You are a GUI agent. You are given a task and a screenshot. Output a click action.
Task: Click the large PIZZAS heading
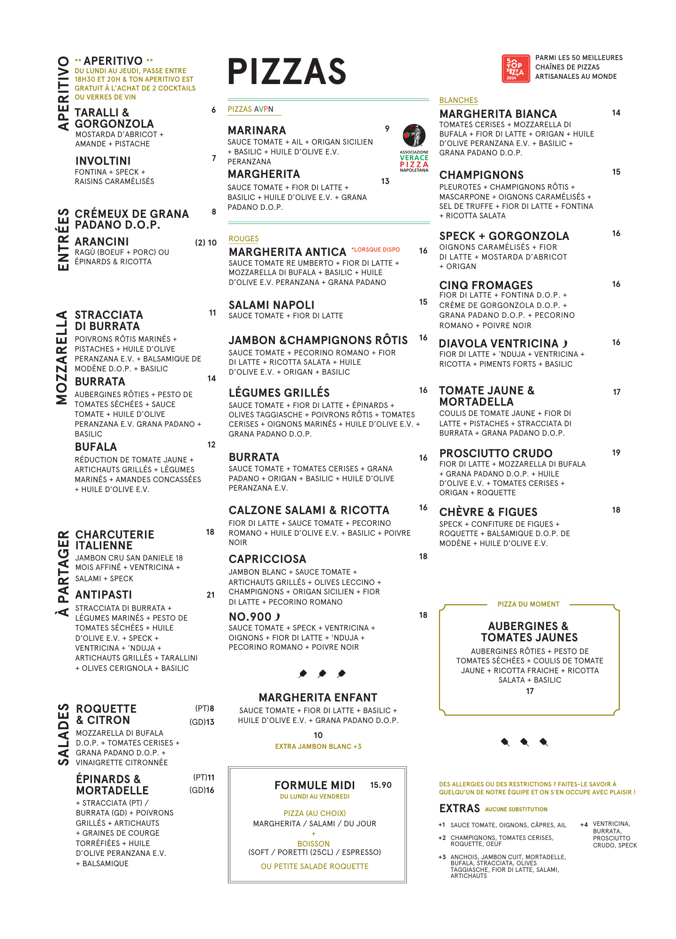pyautogui.click(x=287, y=71)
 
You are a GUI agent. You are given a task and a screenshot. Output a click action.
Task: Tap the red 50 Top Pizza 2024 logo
pyautogui.click(x=516, y=69)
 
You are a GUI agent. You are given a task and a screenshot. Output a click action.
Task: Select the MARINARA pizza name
pyautogui.click(x=257, y=130)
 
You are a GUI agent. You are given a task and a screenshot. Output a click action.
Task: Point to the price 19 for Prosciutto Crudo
pyautogui.click(x=616, y=453)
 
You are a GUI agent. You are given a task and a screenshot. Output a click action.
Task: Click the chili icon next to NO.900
pyautogui.click(x=277, y=616)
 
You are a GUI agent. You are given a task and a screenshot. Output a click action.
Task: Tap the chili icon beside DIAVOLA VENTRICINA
pyautogui.click(x=565, y=344)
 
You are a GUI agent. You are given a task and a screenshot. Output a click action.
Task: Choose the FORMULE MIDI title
pyautogui.click(x=314, y=785)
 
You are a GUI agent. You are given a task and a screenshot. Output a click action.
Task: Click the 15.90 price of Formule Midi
pyautogui.click(x=380, y=785)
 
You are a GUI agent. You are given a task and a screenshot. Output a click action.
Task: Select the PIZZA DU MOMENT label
pyautogui.click(x=528, y=604)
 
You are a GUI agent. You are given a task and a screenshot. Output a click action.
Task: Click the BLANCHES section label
pyautogui.click(x=458, y=100)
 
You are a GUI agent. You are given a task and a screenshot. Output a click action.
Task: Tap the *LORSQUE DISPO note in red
pyautogui.click(x=375, y=250)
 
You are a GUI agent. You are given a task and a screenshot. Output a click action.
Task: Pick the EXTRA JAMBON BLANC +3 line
pyautogui.click(x=318, y=747)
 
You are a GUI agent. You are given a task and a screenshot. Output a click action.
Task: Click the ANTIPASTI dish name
pyautogui.click(x=104, y=595)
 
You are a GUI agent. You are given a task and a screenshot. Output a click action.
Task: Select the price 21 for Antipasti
pyautogui.click(x=211, y=595)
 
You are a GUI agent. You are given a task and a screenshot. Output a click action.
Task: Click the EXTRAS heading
pyautogui.click(x=459, y=808)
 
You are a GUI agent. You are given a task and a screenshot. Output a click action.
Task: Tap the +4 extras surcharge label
pyautogui.click(x=584, y=824)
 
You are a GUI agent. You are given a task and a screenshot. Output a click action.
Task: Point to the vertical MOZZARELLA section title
pyautogui.click(x=62, y=357)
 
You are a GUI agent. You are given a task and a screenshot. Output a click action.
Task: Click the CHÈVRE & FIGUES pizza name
pyautogui.click(x=488, y=512)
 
